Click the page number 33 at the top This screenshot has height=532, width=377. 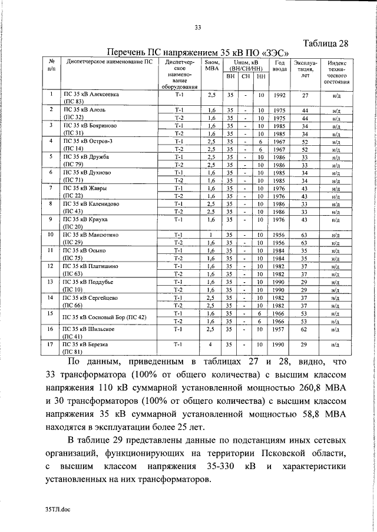(x=198, y=27)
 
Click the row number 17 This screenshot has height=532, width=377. (x=52, y=344)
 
